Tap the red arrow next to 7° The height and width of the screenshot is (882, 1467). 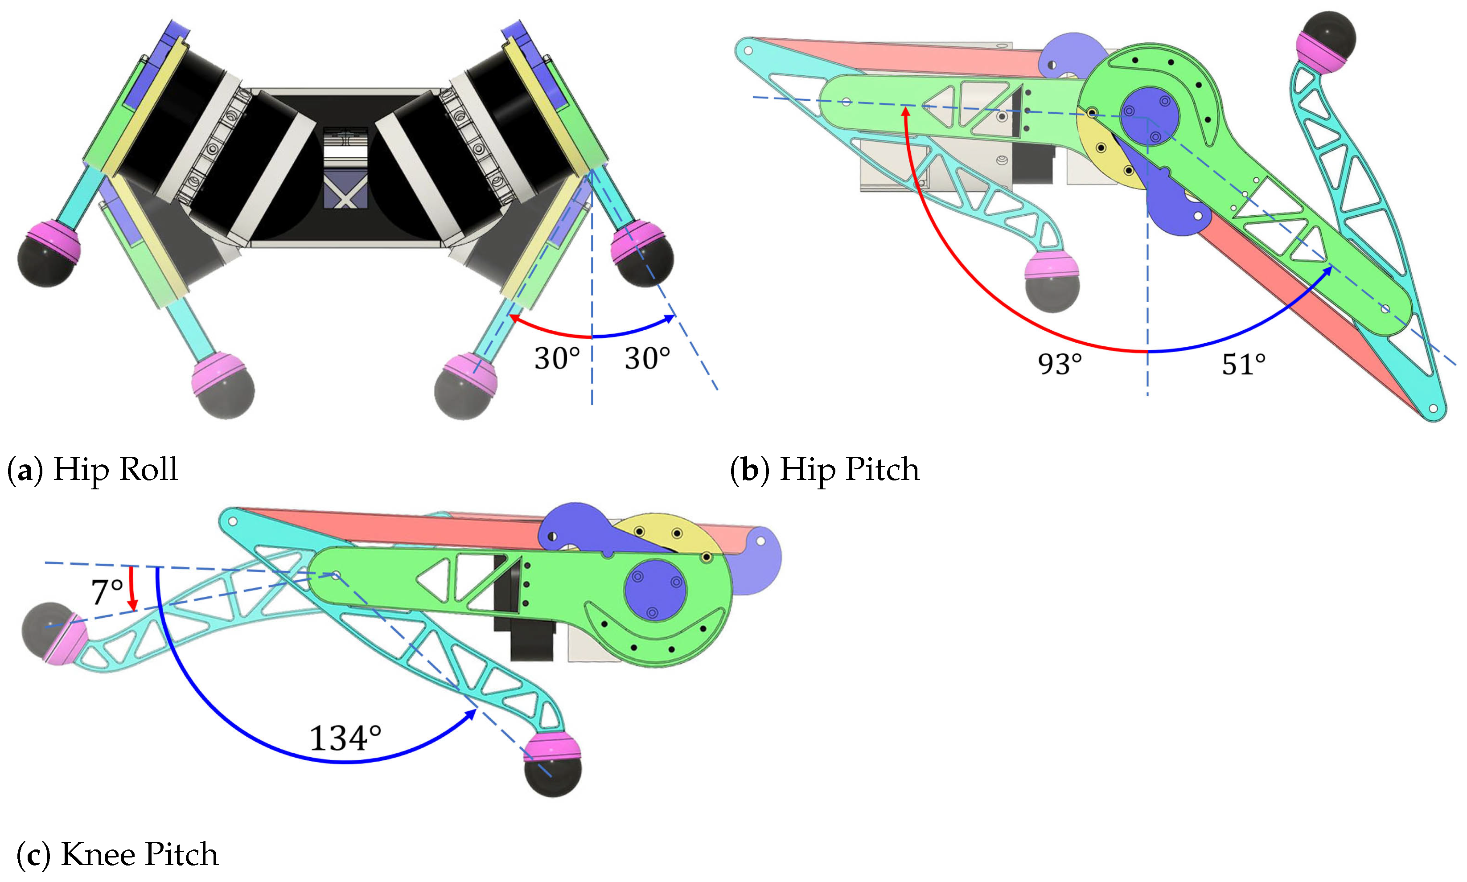pyautogui.click(x=132, y=588)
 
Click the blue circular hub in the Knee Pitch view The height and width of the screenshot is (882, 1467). pyautogui.click(x=655, y=590)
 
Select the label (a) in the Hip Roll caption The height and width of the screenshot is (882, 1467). pyautogui.click(x=25, y=470)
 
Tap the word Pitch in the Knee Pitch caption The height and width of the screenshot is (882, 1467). pyautogui.click(x=181, y=855)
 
